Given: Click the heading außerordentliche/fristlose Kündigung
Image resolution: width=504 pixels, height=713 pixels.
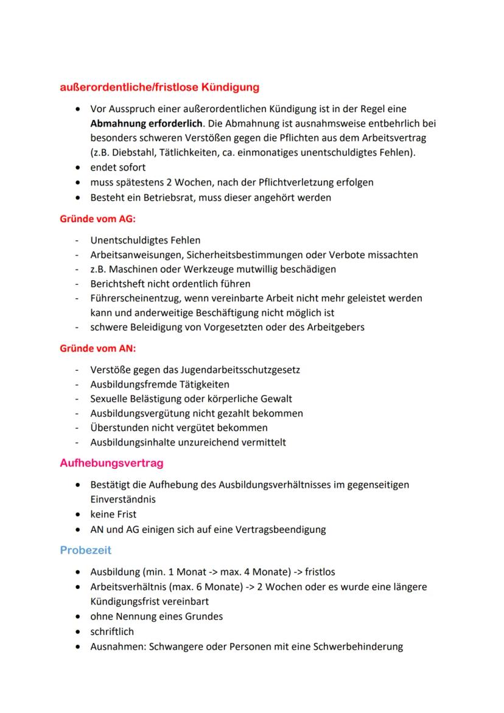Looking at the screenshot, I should pos(159,87).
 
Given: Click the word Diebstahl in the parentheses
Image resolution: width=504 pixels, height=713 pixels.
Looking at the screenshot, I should pos(131,152).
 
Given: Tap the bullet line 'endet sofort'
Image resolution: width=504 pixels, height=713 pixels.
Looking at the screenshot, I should pos(118,167).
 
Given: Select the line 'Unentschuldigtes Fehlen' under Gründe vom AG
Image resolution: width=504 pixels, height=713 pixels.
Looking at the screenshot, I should pos(145,241).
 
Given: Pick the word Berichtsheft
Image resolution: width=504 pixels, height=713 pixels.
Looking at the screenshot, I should pos(118,284).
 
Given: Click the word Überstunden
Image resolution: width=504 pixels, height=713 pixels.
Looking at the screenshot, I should pos(118,427).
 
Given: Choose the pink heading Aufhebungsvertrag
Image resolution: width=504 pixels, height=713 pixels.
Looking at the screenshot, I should pos(111,463).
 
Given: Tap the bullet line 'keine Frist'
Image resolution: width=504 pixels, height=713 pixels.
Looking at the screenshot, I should pos(113,515).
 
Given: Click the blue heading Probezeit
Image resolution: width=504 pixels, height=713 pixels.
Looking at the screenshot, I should pos(85,550).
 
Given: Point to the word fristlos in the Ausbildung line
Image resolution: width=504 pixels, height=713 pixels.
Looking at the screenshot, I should pos(320,572).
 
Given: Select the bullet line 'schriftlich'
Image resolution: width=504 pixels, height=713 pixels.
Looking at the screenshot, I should pos(112,631).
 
